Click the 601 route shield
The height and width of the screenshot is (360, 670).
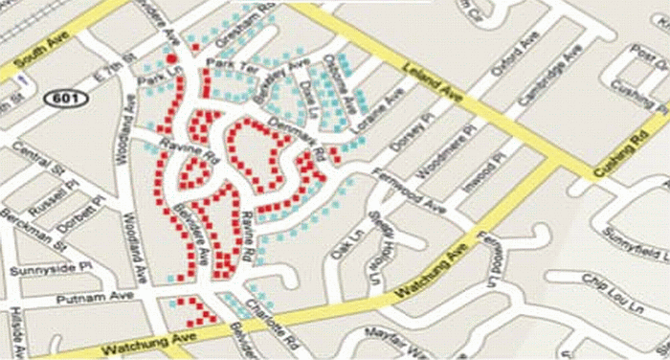click(x=64, y=99)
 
